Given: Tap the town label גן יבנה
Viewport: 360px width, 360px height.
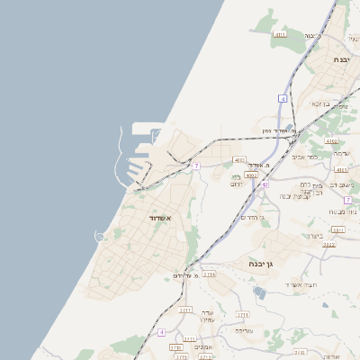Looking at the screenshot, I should pyautogui.click(x=262, y=264).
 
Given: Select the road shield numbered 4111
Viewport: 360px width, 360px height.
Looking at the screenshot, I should pyautogui.click(x=279, y=34).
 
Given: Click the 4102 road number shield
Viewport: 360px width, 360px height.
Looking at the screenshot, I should pyautogui.click(x=331, y=140).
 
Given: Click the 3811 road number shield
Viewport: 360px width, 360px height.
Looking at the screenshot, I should pyautogui.click(x=338, y=229).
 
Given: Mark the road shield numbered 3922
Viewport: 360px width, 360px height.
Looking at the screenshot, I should pyautogui.click(x=328, y=244).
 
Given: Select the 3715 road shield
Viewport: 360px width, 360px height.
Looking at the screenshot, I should pyautogui.click(x=209, y=274).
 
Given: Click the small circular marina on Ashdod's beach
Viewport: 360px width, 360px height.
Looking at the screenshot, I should pyautogui.click(x=99, y=236).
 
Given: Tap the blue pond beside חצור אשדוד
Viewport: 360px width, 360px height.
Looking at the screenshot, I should pyautogui.click(x=260, y=292).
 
